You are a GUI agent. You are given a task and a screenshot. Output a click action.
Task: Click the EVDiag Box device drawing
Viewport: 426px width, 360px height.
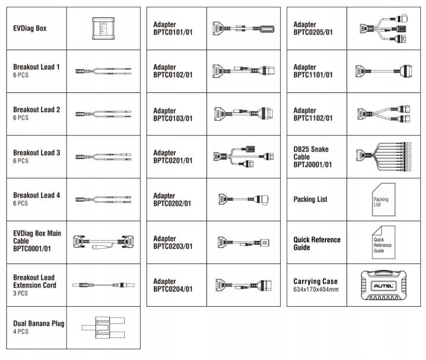pyautogui.click(x=103, y=28)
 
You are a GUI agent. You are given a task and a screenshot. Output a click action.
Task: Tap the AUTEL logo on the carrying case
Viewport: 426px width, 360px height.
pyautogui.click(x=383, y=286)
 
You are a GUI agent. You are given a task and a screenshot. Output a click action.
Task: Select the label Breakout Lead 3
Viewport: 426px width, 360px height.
pyautogui.click(x=37, y=153)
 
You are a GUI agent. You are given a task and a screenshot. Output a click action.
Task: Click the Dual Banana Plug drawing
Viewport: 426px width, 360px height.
pyautogui.click(x=103, y=327)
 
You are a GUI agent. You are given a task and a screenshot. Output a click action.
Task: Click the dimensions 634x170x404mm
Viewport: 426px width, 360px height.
pyautogui.click(x=316, y=289)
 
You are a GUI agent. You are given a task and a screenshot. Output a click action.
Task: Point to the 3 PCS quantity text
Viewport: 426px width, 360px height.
pyautogui.click(x=21, y=293)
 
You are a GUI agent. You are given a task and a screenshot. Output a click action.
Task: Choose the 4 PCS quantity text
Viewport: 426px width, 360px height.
pyautogui.click(x=21, y=332)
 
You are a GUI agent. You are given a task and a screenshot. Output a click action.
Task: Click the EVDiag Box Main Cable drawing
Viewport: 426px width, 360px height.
pyautogui.click(x=103, y=242)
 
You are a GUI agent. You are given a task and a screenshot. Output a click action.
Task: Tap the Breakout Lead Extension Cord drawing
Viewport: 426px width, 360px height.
pyautogui.click(x=103, y=285)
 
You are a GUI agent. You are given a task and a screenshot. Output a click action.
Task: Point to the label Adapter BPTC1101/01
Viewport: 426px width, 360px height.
pyautogui.click(x=313, y=71)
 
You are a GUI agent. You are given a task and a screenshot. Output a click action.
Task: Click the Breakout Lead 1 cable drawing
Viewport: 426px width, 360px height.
pyautogui.click(x=103, y=71)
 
